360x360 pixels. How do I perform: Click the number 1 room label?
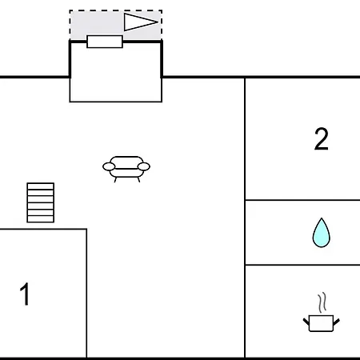(25, 294)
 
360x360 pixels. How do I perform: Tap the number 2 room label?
(322, 138)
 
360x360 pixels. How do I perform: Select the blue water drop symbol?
(322, 233)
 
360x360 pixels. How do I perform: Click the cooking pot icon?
(321, 323)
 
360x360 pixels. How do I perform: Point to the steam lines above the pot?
(322, 302)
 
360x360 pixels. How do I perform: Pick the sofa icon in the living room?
(126, 169)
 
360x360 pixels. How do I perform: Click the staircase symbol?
(41, 202)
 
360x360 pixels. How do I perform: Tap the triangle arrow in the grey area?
(141, 22)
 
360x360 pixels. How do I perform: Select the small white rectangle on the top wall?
(105, 42)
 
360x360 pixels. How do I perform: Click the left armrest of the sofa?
(109, 166)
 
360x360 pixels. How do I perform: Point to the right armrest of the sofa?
(144, 166)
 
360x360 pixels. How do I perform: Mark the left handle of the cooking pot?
(306, 322)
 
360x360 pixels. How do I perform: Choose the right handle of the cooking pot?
(336, 322)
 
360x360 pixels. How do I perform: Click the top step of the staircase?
(41, 186)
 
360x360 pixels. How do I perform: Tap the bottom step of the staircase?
(41, 219)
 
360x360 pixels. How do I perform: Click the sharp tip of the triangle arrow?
(158, 22)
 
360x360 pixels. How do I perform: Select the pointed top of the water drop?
(322, 218)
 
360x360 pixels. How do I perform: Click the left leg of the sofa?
(115, 180)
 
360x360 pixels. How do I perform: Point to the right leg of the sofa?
(138, 180)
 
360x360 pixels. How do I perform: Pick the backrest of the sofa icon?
(126, 162)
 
